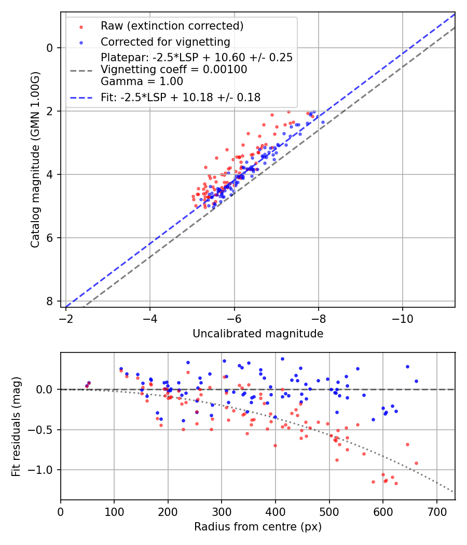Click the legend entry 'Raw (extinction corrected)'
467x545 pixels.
click(172, 26)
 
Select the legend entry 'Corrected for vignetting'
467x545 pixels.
click(165, 42)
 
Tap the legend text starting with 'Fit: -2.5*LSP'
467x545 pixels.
click(181, 97)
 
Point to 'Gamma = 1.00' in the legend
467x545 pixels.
click(142, 81)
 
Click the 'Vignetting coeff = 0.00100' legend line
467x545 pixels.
click(174, 70)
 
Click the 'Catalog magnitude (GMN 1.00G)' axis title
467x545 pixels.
click(35, 159)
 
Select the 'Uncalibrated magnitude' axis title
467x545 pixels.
click(258, 334)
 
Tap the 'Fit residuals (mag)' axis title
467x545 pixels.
click(16, 426)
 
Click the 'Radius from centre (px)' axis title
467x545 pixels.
click(258, 527)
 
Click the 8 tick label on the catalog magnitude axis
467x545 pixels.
click(50, 301)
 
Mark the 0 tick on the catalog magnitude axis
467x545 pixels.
click(50, 48)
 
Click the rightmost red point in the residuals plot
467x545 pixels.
click(416, 463)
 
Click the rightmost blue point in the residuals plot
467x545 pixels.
click(416, 381)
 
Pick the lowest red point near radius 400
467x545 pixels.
click(275, 445)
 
